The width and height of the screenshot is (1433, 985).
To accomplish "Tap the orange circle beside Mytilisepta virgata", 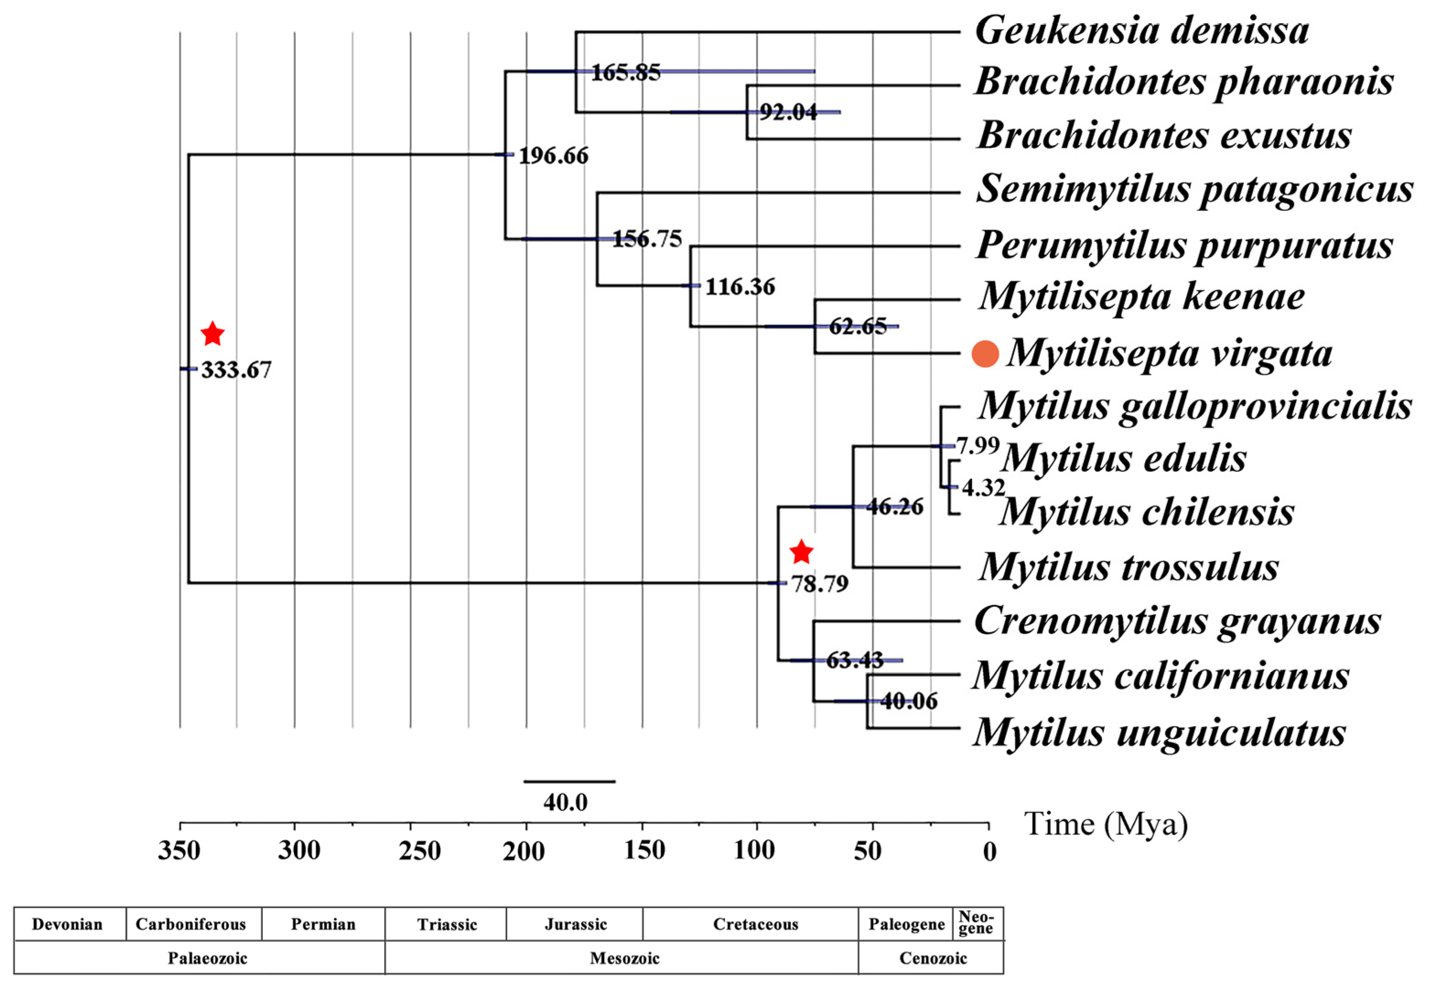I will click(x=985, y=354).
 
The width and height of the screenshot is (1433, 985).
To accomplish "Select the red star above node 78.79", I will click(x=801, y=552).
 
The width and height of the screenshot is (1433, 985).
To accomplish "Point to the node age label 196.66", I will click(x=553, y=156).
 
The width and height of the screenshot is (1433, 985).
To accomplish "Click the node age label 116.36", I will click(x=740, y=287).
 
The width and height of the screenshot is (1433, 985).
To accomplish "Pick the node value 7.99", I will click(x=977, y=446).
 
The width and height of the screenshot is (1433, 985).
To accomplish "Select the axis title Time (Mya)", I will click(x=1106, y=824).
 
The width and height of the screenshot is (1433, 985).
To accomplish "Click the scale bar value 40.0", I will click(x=565, y=802).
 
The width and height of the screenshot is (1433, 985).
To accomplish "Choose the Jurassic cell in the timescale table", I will click(x=575, y=924).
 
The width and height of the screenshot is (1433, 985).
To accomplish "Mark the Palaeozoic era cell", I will click(x=207, y=958).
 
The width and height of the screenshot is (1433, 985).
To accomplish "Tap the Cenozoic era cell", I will click(x=933, y=958).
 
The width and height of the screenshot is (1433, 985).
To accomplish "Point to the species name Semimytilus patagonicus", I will click(x=1194, y=189).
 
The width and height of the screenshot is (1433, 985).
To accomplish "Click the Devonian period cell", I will click(x=67, y=924).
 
